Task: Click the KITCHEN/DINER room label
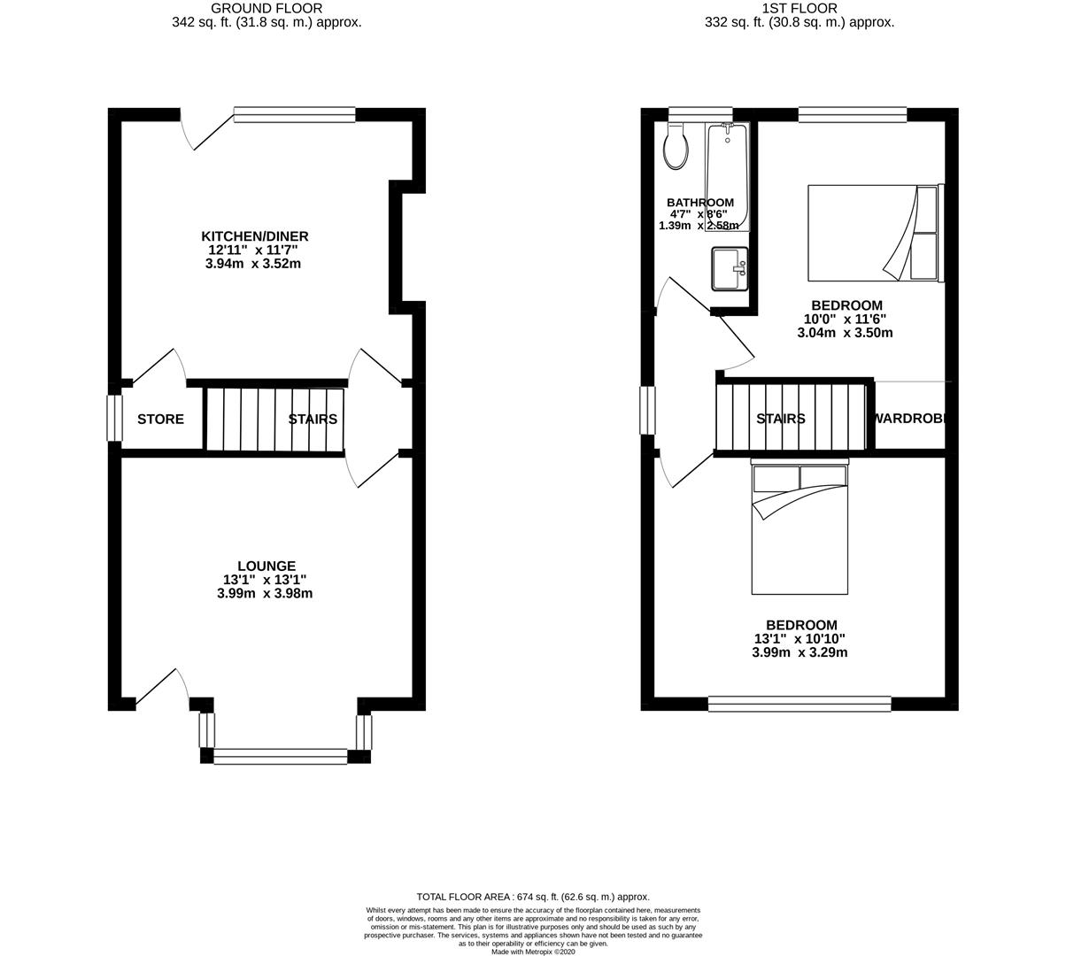click(x=255, y=236)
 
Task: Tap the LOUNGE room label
click(x=266, y=567)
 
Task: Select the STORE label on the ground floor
click(x=160, y=419)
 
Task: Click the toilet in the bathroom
click(x=676, y=147)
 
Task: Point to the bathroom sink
click(x=730, y=268)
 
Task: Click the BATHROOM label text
click(x=699, y=203)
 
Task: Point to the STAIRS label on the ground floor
click(x=313, y=419)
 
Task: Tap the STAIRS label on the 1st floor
click(x=781, y=419)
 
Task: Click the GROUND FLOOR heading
click(x=266, y=9)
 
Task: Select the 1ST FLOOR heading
click(x=799, y=9)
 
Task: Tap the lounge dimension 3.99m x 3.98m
click(x=265, y=594)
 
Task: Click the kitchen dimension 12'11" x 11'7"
click(x=255, y=251)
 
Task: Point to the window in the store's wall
click(x=114, y=418)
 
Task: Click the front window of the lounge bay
click(x=281, y=756)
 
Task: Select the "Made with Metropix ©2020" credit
click(x=533, y=952)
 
